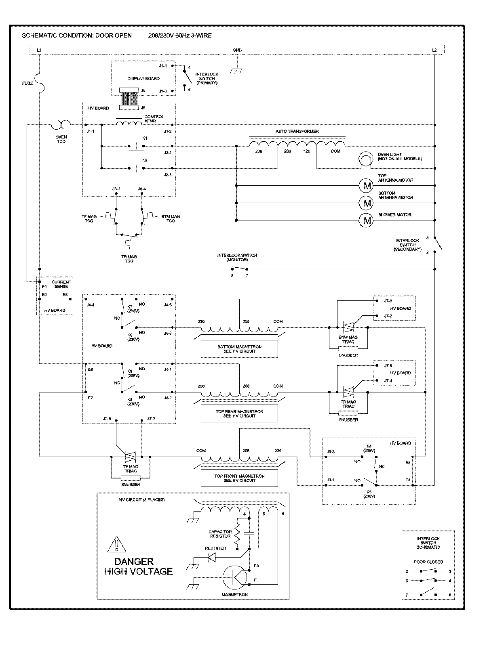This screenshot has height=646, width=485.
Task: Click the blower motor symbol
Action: point(367,220)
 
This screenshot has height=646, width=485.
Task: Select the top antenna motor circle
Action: point(367,186)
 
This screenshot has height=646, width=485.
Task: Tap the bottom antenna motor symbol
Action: point(367,203)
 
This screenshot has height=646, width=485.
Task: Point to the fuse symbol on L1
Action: point(40,83)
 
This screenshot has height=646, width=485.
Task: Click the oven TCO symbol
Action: point(61,124)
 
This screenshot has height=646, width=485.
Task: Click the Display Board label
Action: point(143,78)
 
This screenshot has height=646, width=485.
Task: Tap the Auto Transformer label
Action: point(297,132)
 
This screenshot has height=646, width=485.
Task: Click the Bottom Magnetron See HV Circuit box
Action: point(239,349)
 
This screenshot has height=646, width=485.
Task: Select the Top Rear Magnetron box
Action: point(239,413)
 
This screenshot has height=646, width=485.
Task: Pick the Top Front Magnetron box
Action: point(239,478)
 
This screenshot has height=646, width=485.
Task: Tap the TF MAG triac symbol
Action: point(130,457)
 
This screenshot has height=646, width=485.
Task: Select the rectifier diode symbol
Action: point(211,557)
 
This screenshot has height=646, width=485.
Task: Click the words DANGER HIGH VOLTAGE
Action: point(138,566)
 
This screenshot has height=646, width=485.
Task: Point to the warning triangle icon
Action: point(116,545)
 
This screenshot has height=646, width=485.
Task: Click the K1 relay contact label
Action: point(145,138)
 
